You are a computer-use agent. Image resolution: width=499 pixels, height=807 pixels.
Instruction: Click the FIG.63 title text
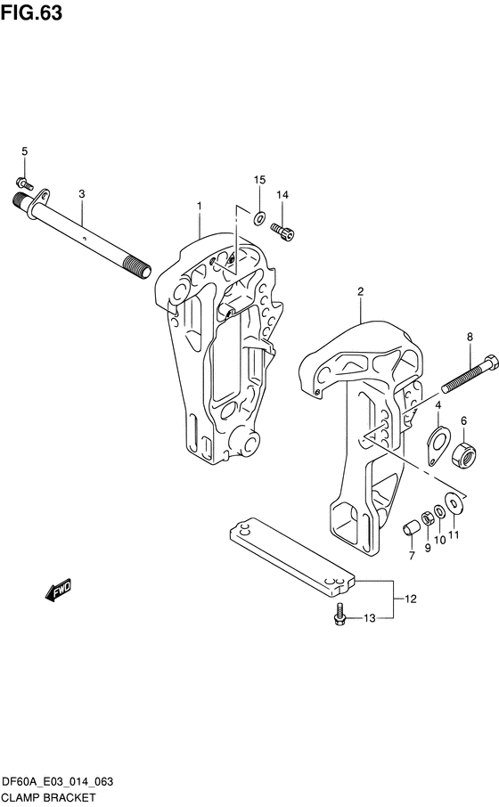tap(31, 12)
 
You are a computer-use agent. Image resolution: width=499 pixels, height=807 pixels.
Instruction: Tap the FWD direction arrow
tap(58, 590)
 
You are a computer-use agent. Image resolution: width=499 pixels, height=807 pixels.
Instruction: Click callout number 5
tap(24, 151)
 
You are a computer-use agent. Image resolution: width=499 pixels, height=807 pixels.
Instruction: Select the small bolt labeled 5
tap(24, 183)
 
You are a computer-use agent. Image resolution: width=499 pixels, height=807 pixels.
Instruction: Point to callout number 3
tap(81, 194)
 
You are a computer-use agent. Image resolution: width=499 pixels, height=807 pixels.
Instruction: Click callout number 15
tap(259, 180)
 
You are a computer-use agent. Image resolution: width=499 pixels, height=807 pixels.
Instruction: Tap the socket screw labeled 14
tap(282, 231)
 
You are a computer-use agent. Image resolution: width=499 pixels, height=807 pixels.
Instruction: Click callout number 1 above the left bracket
tap(200, 206)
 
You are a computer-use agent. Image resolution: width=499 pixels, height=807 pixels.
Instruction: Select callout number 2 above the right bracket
tap(361, 291)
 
